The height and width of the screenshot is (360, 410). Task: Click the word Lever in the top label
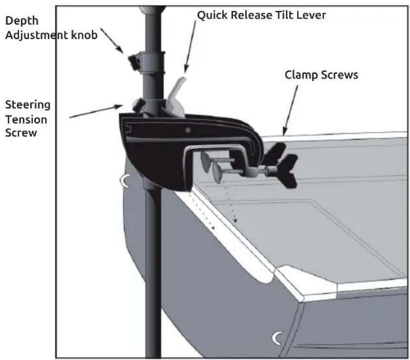point(313,16)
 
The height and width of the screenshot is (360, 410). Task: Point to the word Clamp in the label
point(300,77)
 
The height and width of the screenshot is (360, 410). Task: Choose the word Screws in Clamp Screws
point(340,77)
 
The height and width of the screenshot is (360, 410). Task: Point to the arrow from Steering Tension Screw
point(96,111)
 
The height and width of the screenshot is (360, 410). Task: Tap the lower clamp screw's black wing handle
point(287,171)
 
